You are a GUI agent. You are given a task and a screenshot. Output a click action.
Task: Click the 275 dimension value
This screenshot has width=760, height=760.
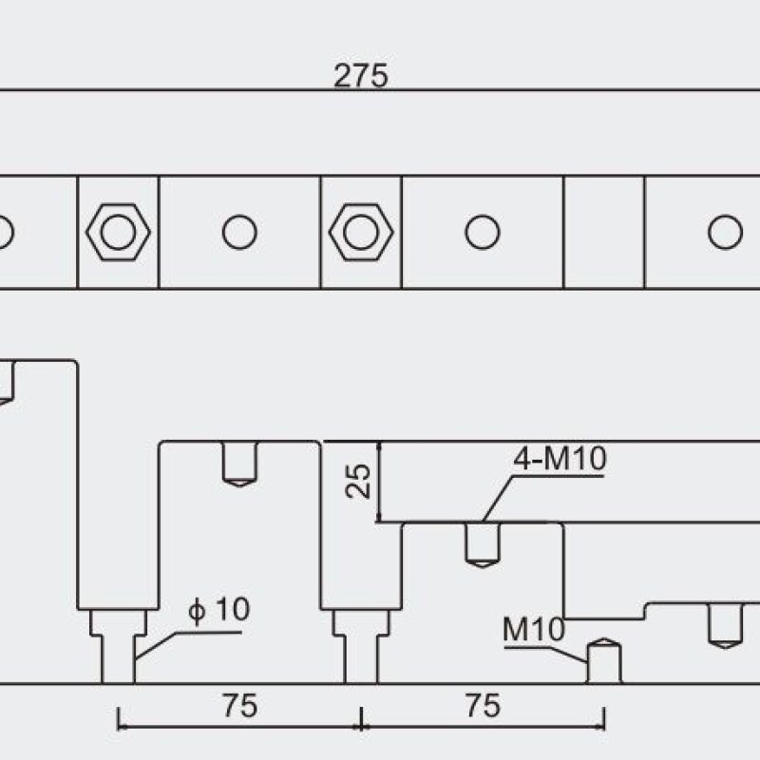(x=361, y=76)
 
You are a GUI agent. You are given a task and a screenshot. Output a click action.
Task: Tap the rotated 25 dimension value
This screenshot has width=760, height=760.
(x=358, y=482)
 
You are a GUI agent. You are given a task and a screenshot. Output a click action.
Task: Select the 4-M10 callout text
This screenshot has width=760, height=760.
(x=560, y=458)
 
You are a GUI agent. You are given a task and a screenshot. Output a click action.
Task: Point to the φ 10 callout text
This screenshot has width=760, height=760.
(x=219, y=609)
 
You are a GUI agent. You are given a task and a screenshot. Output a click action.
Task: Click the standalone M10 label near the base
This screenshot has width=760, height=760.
(x=534, y=629)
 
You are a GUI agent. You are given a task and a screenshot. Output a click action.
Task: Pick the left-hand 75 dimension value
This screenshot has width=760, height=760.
(x=240, y=705)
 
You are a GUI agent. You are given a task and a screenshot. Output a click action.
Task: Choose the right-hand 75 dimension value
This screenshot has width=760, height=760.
(x=483, y=705)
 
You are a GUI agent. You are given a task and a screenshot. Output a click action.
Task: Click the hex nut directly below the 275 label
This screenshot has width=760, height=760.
(x=361, y=232)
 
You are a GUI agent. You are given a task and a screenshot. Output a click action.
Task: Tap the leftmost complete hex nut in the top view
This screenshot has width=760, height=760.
(x=118, y=232)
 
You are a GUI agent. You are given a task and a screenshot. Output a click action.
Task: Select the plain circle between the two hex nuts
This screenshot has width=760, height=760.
(x=239, y=232)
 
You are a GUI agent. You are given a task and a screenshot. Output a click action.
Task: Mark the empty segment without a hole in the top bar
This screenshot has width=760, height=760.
(x=604, y=232)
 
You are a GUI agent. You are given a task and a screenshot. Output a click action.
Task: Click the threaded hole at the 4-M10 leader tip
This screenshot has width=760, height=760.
(x=483, y=544)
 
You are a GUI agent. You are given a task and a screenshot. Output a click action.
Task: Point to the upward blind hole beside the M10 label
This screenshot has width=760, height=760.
(x=604, y=661)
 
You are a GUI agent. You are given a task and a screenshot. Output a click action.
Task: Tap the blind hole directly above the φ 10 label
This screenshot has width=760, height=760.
(x=239, y=464)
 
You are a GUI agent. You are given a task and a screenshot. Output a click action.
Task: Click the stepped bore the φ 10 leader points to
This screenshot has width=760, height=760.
(x=118, y=646)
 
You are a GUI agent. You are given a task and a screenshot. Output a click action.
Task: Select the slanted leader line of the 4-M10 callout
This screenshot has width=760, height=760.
(x=498, y=500)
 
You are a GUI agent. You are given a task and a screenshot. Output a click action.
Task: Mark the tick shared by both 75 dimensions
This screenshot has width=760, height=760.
(x=361, y=719)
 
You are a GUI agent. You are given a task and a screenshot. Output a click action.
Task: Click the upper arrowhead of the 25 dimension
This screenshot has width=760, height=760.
(x=379, y=446)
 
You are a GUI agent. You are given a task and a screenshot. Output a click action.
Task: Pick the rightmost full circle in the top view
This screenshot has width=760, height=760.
(x=725, y=232)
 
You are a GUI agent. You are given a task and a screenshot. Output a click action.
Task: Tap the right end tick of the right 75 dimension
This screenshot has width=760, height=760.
(x=604, y=719)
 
